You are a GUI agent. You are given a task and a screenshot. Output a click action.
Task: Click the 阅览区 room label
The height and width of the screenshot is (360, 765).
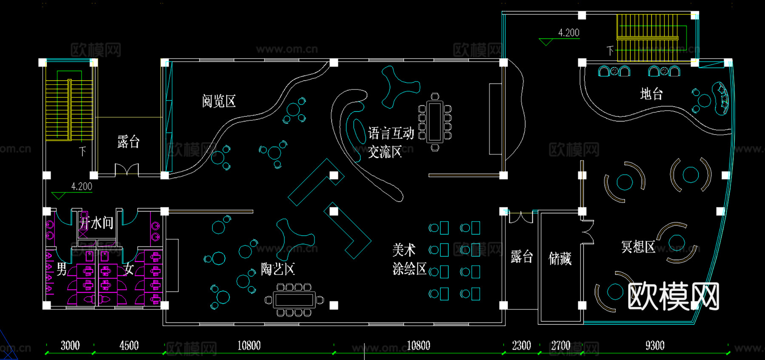pos(219,102)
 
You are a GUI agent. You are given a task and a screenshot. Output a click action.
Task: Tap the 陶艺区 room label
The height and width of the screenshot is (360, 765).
pos(278,269)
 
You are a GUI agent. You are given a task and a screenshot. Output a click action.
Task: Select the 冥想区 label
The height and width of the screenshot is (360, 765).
pos(638,247)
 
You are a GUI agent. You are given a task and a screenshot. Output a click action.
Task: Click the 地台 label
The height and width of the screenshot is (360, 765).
pos(652,94)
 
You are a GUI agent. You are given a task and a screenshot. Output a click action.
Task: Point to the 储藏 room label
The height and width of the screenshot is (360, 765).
pos(560,258)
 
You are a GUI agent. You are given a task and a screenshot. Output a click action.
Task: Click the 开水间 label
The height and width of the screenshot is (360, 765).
pos(97,223)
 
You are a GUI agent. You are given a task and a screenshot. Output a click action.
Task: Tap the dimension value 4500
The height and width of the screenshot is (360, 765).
pos(129,346)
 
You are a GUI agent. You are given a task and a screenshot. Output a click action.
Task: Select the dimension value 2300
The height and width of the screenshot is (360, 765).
pos(521,346)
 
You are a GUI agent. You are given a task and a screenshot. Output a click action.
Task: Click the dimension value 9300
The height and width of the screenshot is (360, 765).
pos(654,346)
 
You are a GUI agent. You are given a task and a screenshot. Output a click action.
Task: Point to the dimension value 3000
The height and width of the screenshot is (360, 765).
pos(70,346)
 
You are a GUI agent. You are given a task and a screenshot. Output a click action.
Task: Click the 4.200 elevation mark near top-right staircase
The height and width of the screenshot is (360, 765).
pos(569,33)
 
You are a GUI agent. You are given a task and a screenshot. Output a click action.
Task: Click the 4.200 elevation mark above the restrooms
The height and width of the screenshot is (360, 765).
pos(82,187)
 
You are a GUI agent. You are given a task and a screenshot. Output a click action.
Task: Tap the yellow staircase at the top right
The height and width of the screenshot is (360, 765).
pos(647,38)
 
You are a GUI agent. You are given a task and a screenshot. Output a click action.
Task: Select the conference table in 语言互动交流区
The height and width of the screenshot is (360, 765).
pos(435,122)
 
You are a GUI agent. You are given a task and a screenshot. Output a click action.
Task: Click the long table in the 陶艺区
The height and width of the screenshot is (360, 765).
pos(294,300)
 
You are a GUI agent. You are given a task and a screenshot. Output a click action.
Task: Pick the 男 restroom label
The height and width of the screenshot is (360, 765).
pos(62,269)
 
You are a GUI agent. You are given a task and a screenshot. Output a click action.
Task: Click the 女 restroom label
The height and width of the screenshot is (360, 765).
pos(129,269)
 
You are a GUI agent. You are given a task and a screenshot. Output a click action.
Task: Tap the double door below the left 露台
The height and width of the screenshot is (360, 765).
pos(127,170)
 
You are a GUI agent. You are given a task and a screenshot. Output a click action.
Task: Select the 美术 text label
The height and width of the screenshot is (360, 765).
pos(404,250)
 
